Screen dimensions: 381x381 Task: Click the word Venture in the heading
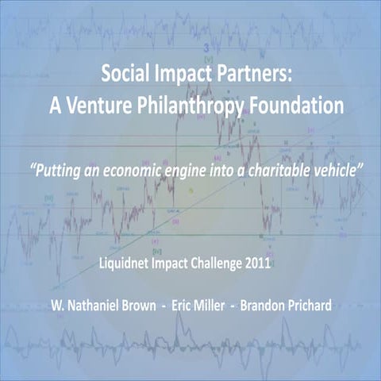99,106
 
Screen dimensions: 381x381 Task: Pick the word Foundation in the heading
296,106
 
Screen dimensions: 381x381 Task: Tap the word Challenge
216,264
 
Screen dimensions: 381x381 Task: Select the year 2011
258,263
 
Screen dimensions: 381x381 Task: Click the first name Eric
182,306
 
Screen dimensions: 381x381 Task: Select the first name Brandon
262,306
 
